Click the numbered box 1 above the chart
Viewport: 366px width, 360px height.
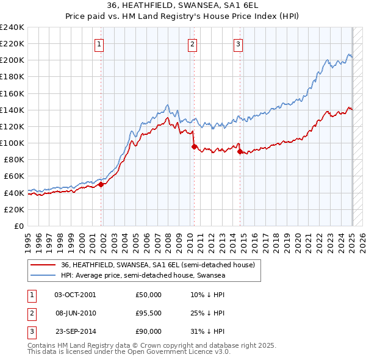(99, 43)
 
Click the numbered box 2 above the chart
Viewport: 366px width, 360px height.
(192, 43)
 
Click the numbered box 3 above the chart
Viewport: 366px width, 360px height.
(238, 43)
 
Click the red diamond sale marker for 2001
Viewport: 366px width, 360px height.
(101, 184)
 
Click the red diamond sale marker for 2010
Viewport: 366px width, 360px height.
(194, 146)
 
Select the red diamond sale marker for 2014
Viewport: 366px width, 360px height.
(240, 151)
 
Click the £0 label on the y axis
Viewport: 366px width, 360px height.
(18, 226)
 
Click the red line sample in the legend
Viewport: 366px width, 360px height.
(43, 265)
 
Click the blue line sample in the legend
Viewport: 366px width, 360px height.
(43, 275)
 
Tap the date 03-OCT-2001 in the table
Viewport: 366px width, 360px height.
(75, 295)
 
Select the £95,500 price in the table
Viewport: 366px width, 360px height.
(149, 313)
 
